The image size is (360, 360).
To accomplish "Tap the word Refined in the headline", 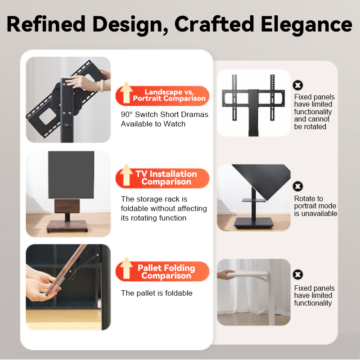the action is [x=46, y=24].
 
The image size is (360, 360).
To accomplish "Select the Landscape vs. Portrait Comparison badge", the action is [x=162, y=95].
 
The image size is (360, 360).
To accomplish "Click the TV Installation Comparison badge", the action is [x=162, y=178].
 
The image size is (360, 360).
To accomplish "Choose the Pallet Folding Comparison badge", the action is [x=162, y=271].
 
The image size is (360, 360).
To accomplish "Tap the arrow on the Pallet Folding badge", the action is [x=126, y=268].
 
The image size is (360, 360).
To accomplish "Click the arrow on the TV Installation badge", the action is [x=126, y=175].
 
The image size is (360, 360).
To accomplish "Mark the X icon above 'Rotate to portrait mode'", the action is [x=298, y=186].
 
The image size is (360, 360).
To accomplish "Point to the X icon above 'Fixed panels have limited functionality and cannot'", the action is [x=298, y=85].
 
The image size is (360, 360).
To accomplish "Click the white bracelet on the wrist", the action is [x=102, y=85].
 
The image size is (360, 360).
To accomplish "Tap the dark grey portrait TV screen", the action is [x=71, y=175].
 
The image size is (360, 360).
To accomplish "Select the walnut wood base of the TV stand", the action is [x=67, y=225].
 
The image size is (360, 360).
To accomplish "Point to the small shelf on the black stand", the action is [x=253, y=200].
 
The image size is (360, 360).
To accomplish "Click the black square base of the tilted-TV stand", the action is [x=254, y=223].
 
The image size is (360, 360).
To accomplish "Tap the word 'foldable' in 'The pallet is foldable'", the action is [x=179, y=293].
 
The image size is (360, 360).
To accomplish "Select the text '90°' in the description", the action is [x=127, y=114].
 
